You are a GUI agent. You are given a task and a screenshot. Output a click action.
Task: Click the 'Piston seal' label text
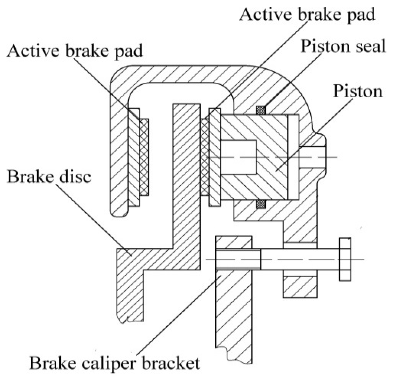(343, 46)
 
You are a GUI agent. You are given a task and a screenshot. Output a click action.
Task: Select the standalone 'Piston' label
(358, 91)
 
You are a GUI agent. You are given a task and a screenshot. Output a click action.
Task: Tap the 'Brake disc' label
(49, 177)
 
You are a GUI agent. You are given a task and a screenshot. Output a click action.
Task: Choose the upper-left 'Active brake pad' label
(75, 51)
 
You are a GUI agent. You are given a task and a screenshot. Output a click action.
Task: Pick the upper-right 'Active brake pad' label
(307, 14)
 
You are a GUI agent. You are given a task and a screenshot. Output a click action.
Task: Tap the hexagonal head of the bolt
(345, 259)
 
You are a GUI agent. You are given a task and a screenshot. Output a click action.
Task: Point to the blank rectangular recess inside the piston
(239, 157)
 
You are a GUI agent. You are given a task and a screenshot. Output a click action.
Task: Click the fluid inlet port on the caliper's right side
(312, 157)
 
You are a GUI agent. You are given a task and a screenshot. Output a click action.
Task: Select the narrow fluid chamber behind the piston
(293, 157)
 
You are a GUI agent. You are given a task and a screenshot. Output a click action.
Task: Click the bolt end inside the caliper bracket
(238, 259)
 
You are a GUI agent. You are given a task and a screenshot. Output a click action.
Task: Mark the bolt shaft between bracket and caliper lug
(272, 259)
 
